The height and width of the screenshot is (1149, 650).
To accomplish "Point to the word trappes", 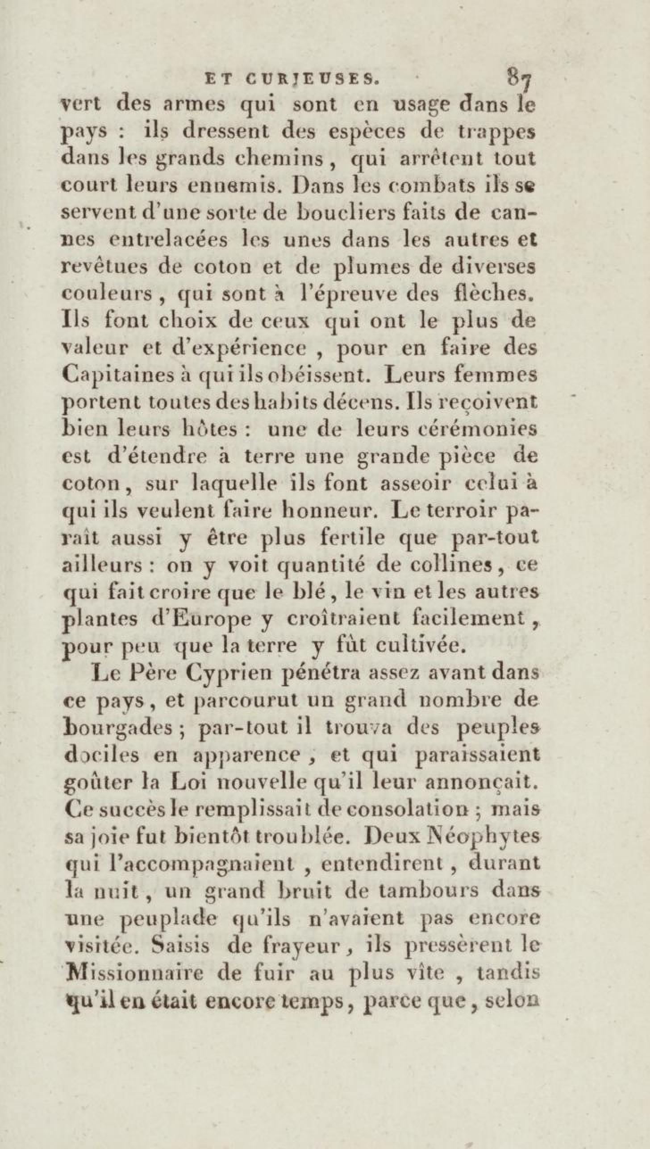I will (496, 133).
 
